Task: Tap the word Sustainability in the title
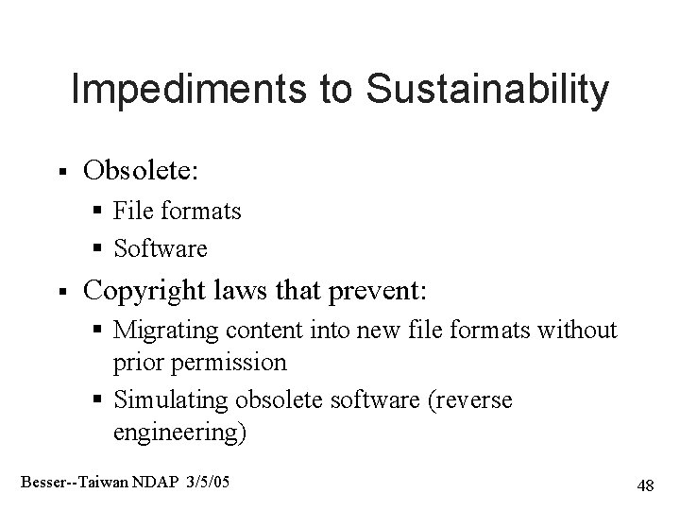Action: [x=487, y=91]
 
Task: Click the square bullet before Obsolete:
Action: [x=60, y=173]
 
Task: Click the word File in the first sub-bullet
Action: [x=129, y=212]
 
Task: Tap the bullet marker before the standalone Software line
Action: [x=100, y=249]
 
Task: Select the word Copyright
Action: [x=151, y=288]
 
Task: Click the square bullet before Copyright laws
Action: [x=60, y=290]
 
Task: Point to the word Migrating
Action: [x=161, y=331]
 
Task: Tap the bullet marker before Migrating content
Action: [x=100, y=331]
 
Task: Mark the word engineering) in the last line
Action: [x=179, y=433]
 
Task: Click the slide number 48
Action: [x=645, y=485]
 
